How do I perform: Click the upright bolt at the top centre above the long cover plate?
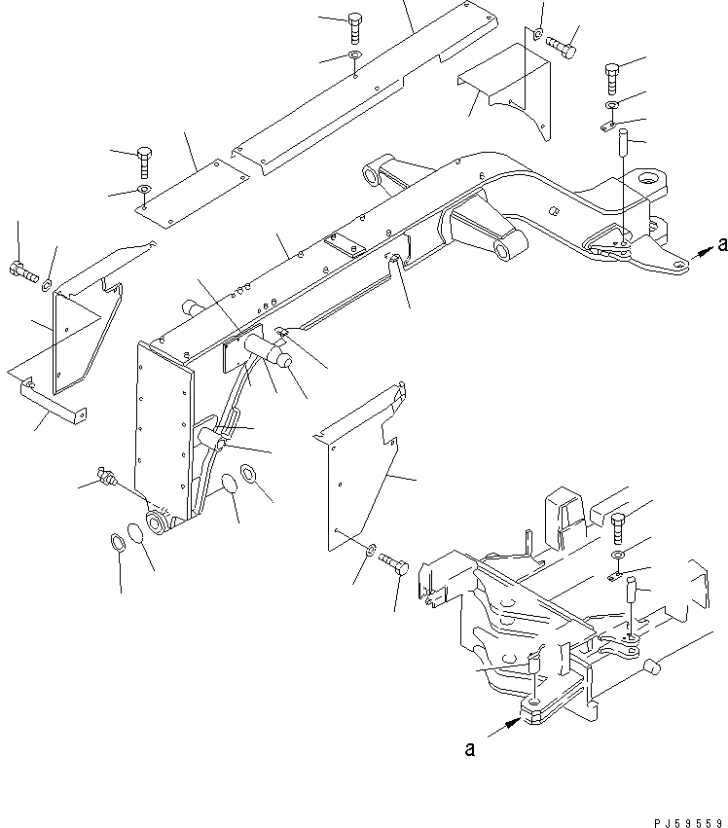pos(356,25)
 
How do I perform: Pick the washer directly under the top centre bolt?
pos(356,56)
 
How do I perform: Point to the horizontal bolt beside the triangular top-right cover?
pos(562,44)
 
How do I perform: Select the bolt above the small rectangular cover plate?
pos(145,157)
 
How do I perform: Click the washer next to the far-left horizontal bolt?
pos(47,284)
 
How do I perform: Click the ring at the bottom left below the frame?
pos(116,541)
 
